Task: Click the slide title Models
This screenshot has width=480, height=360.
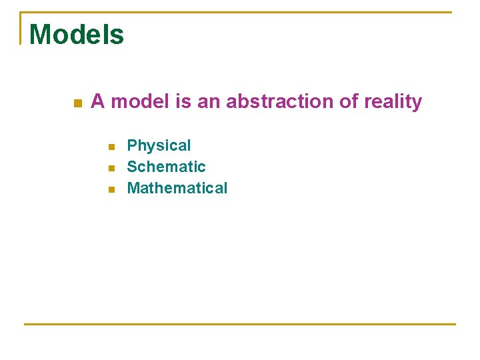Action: [x=77, y=35]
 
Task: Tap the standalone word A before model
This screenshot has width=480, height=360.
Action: [x=97, y=102]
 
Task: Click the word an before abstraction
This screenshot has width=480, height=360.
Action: [x=209, y=102]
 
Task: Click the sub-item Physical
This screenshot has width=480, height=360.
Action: [x=159, y=146]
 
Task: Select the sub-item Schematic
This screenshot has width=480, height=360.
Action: [x=166, y=167]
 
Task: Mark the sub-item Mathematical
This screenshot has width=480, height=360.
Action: [x=177, y=188]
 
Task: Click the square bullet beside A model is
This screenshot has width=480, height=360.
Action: [x=78, y=103]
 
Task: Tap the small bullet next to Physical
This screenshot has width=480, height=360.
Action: [x=112, y=147]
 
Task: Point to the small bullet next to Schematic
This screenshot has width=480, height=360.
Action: [x=112, y=168]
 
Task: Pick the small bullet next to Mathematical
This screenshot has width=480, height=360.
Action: [x=112, y=189]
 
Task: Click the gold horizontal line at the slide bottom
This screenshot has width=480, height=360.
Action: [x=240, y=324]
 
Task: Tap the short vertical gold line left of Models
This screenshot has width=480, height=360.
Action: [x=21, y=28]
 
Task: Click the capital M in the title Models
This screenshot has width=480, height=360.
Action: [x=41, y=35]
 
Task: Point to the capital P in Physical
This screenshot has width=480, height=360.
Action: [x=132, y=145]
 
